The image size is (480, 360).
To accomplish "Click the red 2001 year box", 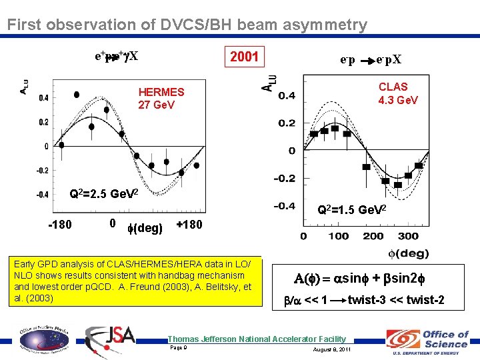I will coord(244,56).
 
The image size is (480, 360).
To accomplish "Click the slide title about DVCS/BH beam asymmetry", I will coord(187,25).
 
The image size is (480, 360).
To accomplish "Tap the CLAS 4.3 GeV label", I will coord(397,93).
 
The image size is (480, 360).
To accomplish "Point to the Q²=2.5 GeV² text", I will coord(103,195).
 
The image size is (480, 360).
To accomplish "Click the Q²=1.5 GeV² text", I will coord(351,210).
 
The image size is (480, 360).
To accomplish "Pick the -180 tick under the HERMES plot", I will coord(59,225).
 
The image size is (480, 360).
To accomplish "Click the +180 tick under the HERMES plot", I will coord(189,225).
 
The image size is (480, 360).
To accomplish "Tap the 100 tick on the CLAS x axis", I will coord(338,236).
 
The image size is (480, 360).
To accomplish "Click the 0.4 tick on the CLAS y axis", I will coord(287,96).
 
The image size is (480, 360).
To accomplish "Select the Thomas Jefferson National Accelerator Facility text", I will coord(257,339).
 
